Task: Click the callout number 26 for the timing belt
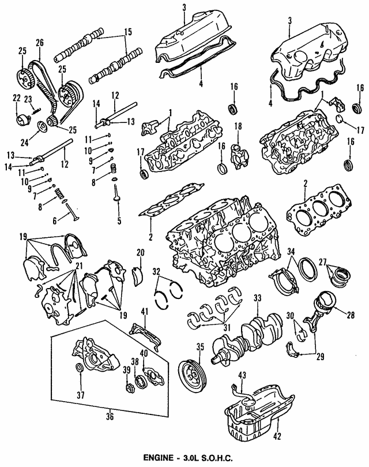(39, 42)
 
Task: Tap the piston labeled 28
(326, 305)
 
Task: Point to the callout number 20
(140, 252)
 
